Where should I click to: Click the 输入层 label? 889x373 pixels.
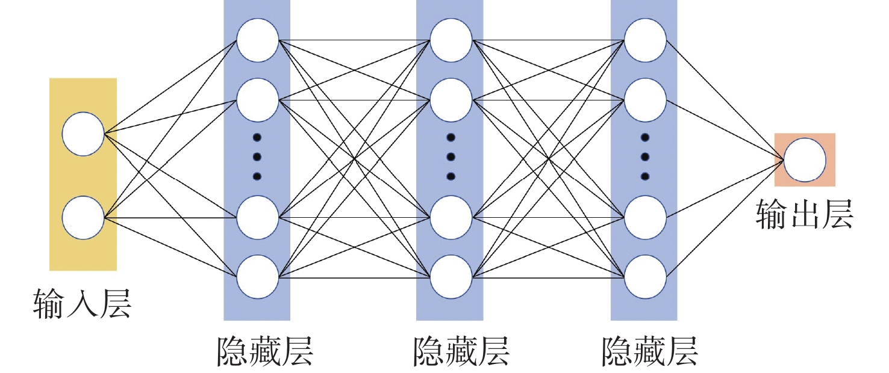(x=82, y=304)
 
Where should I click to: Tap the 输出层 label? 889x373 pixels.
(x=804, y=214)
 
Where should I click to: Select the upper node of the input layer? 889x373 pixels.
(x=83, y=134)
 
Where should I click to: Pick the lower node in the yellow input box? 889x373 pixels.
(x=83, y=217)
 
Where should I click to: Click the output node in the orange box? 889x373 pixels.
(x=805, y=160)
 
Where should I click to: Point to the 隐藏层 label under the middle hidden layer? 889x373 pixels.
(x=461, y=351)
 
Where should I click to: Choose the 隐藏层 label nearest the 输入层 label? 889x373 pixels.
(x=265, y=351)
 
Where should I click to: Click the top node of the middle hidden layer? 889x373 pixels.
(x=451, y=41)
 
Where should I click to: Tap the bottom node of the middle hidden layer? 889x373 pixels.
(x=451, y=276)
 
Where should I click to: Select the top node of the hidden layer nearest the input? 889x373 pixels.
(x=258, y=41)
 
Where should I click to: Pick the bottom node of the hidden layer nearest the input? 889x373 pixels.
(x=258, y=276)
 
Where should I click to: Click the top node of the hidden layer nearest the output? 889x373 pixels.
(x=645, y=41)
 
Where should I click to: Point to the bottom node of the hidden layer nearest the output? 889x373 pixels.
(x=645, y=276)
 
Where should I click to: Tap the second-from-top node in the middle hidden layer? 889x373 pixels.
(x=451, y=100)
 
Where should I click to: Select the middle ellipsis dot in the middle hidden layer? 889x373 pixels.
(x=451, y=157)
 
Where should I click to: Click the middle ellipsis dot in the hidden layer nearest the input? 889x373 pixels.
(x=257, y=157)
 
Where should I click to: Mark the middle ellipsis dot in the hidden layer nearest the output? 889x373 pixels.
(x=645, y=157)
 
